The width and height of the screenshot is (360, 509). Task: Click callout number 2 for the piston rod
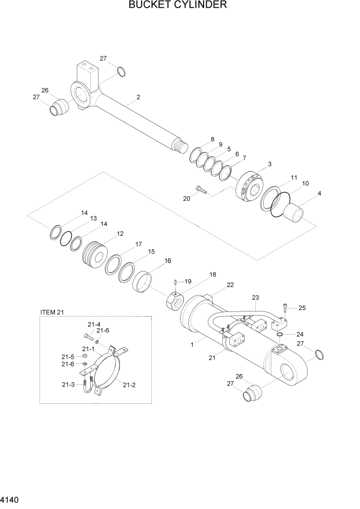[x=138, y=97]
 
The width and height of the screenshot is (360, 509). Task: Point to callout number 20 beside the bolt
[x=187, y=198]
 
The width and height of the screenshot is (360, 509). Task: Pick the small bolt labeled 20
[x=201, y=190]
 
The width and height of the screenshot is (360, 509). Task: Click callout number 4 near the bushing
[x=319, y=193]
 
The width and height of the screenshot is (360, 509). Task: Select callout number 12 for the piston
[x=120, y=233]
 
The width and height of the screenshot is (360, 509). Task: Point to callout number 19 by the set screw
[x=188, y=281]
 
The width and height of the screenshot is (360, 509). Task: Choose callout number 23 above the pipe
[x=255, y=297]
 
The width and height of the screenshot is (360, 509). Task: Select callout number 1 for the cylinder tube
[x=192, y=345]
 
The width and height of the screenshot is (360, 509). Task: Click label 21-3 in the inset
[x=69, y=384]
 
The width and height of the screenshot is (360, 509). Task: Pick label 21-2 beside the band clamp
[x=129, y=384]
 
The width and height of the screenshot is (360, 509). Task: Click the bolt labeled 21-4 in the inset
[x=87, y=336]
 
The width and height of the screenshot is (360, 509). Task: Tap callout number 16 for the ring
[x=167, y=261]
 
